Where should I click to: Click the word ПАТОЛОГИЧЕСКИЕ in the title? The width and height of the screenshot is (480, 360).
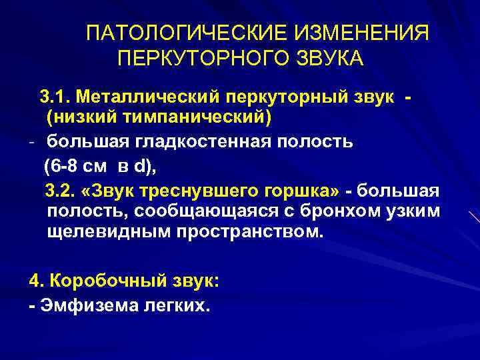click(169, 33)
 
